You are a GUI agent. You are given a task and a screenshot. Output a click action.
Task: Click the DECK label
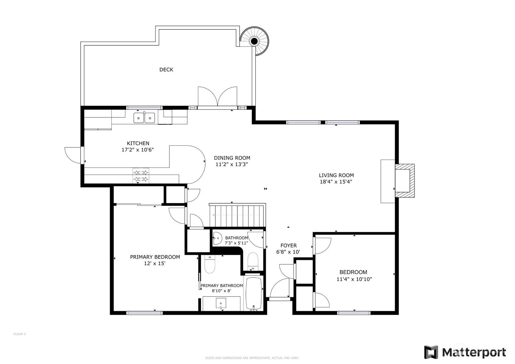(166, 69)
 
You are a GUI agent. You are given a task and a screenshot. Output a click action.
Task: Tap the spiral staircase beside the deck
(254, 41)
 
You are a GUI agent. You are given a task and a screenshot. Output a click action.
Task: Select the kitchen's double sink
(144, 118)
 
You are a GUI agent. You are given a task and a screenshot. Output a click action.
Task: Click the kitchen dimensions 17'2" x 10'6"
(137, 150)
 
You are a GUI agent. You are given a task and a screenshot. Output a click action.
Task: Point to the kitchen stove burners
(141, 175)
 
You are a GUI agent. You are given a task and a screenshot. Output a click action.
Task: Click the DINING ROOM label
(232, 158)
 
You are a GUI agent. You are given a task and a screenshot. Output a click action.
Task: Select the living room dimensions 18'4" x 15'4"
(336, 182)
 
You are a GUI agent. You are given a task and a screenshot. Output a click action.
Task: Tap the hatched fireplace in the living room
(405, 181)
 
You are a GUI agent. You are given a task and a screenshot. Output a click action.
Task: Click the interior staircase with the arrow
(237, 215)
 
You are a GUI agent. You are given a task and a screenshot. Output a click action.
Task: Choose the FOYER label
(288, 245)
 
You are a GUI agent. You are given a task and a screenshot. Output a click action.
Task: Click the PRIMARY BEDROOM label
(155, 257)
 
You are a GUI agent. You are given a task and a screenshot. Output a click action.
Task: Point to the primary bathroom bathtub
(254, 293)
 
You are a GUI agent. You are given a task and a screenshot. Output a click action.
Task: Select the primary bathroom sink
(221, 303)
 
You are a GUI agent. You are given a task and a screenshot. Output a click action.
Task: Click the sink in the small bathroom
(217, 238)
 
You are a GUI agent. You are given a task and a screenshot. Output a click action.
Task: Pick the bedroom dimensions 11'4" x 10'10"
(354, 279)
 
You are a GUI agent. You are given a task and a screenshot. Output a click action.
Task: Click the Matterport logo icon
(431, 352)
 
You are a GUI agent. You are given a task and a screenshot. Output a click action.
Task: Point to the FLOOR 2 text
(20, 334)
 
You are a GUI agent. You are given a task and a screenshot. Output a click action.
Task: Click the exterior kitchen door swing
(72, 155)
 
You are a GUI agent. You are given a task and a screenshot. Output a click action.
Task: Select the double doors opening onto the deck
(217, 97)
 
